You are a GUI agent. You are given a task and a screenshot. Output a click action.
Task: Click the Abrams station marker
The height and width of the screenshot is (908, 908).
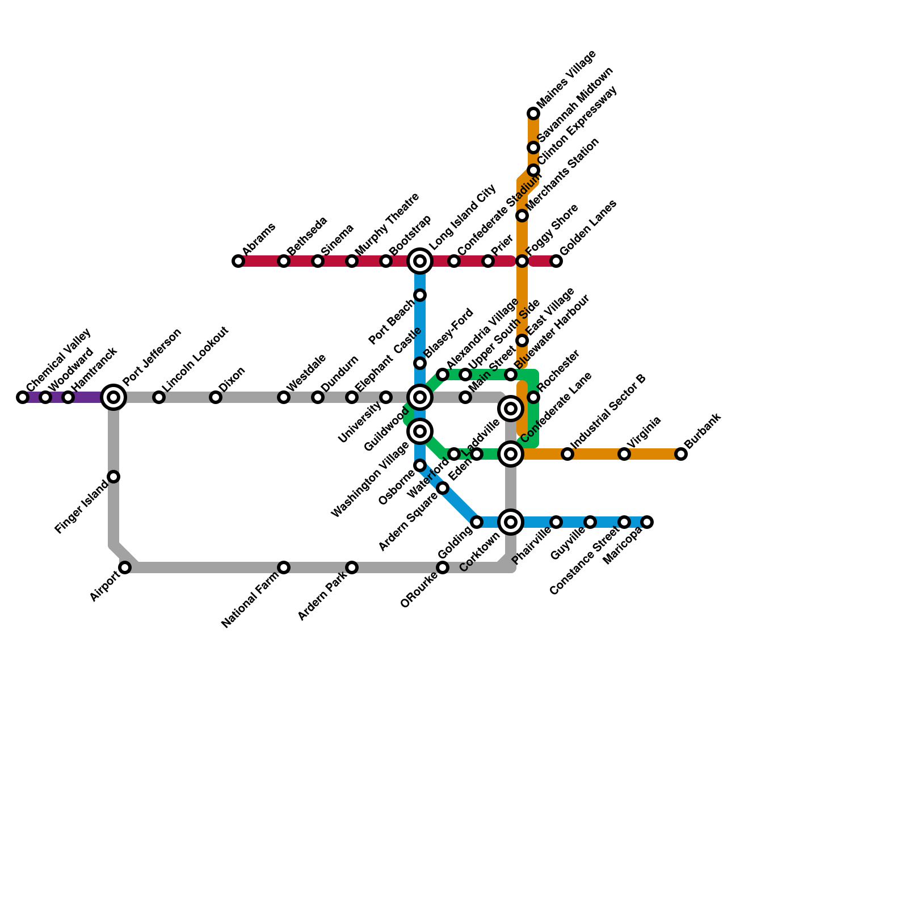pos(238,261)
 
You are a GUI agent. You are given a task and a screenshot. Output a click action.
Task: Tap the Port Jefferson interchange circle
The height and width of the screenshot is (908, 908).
pos(113,397)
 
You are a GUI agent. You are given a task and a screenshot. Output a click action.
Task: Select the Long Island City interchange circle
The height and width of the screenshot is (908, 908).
pos(420,261)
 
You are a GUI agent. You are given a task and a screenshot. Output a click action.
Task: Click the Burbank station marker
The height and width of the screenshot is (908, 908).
pos(681,454)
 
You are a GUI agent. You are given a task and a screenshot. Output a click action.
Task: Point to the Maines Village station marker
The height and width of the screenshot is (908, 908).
pos(533,113)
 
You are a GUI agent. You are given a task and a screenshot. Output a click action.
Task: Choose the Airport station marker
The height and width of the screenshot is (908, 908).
pos(125,567)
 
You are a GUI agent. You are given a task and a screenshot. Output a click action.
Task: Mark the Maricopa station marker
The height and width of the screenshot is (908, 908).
pos(647,522)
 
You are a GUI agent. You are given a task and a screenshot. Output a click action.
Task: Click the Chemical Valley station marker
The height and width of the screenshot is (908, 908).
pos(23,397)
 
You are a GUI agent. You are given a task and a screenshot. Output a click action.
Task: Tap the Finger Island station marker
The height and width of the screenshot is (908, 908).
pos(113,477)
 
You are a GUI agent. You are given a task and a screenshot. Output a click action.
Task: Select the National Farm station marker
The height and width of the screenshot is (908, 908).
pos(284,567)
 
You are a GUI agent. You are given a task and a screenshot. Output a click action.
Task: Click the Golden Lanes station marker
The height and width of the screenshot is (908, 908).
pos(556,261)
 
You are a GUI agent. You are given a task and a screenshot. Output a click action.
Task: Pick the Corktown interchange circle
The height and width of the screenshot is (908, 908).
pos(511,522)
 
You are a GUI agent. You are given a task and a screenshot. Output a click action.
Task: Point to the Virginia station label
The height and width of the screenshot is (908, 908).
pos(644,433)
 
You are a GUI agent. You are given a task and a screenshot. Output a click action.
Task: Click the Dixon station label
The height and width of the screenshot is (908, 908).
pos(232,380)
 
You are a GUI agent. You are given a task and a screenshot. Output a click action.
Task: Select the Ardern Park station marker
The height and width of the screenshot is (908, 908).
pos(352,567)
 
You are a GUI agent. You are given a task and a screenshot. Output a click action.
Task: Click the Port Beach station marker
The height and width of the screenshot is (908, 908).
pos(420,295)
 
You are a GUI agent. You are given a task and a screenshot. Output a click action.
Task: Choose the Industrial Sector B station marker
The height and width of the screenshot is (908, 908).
pos(567,454)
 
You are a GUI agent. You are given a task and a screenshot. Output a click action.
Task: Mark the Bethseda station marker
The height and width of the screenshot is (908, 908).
pos(284,261)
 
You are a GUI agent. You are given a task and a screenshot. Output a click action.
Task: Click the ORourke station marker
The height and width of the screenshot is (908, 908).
pos(443,567)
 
